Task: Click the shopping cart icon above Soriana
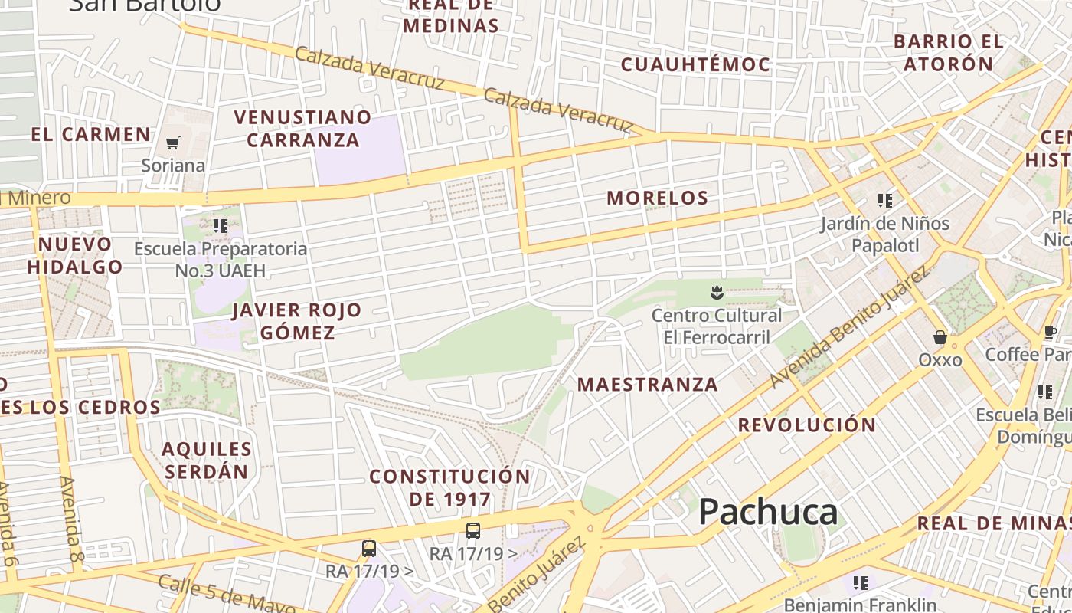point(173,143)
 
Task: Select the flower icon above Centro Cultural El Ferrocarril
point(717,292)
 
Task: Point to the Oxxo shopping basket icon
point(940,337)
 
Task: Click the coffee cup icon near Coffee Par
point(1050,333)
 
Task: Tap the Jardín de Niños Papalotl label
point(884,234)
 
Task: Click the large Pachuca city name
point(768,511)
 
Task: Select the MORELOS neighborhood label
point(657,198)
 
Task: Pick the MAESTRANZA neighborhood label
point(648,384)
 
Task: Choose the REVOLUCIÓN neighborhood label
point(807,425)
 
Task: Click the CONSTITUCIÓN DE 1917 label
point(449,487)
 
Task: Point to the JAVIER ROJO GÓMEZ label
point(296,321)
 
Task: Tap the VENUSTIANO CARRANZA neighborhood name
point(302,129)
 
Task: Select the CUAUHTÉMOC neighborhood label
point(695,64)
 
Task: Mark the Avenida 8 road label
point(71,519)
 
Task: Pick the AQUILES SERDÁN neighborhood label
point(207,460)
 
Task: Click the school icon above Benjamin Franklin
point(861,583)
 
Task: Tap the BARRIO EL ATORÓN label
point(948,52)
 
